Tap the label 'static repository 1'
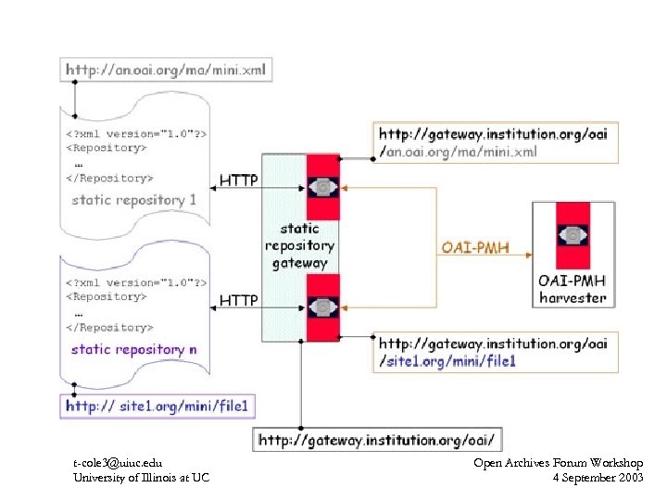[134, 200]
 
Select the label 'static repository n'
[133, 349]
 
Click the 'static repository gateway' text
[298, 244]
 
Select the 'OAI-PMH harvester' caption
[573, 288]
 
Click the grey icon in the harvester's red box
[573, 236]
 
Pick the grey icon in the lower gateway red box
[323, 306]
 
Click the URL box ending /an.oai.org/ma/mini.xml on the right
[495, 143]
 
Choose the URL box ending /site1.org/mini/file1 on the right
[495, 351]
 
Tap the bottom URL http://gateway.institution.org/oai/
[380, 438]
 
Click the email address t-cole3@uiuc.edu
[118, 462]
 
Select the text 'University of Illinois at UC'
[141, 477]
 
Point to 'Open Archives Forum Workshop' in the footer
[558, 462]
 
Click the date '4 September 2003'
[597, 477]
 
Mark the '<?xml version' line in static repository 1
[135, 132]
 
